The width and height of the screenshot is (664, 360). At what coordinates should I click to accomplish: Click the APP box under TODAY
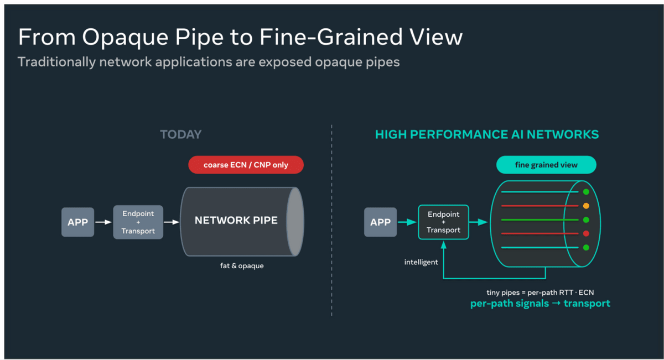[x=77, y=222]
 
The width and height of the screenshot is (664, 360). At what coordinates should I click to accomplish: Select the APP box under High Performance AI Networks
[x=380, y=222]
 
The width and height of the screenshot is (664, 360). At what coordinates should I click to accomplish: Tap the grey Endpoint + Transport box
[x=138, y=222]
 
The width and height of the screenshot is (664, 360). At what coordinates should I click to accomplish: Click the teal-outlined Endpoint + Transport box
[x=443, y=222]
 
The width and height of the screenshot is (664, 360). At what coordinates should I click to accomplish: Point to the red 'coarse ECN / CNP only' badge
[x=246, y=165]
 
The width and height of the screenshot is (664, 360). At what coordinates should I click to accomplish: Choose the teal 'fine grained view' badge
[x=546, y=165]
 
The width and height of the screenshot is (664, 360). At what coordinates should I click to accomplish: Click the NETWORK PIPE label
[x=236, y=220]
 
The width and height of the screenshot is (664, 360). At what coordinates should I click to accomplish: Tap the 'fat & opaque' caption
[x=242, y=266]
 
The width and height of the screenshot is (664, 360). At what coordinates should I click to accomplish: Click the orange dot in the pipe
[x=586, y=206]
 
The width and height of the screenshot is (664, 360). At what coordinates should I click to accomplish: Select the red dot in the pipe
[x=586, y=233]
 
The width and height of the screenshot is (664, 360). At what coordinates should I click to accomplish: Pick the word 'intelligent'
[x=421, y=262]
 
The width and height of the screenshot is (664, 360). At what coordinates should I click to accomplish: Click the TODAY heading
[x=181, y=134]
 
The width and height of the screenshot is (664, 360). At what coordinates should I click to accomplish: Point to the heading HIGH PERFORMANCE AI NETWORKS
[x=487, y=134]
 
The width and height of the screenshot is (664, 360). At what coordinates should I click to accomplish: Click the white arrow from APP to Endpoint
[x=103, y=222]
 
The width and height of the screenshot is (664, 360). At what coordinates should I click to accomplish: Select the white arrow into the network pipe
[x=172, y=222]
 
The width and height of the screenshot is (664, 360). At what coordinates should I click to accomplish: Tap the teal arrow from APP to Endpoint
[x=407, y=222]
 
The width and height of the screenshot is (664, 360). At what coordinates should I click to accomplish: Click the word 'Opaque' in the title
[x=125, y=38]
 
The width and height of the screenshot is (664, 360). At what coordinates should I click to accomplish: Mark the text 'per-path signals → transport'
[x=540, y=304]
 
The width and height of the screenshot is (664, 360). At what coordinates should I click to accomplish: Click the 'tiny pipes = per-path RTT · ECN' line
[x=540, y=293]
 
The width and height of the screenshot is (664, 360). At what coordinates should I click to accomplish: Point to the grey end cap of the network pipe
[x=295, y=222]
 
